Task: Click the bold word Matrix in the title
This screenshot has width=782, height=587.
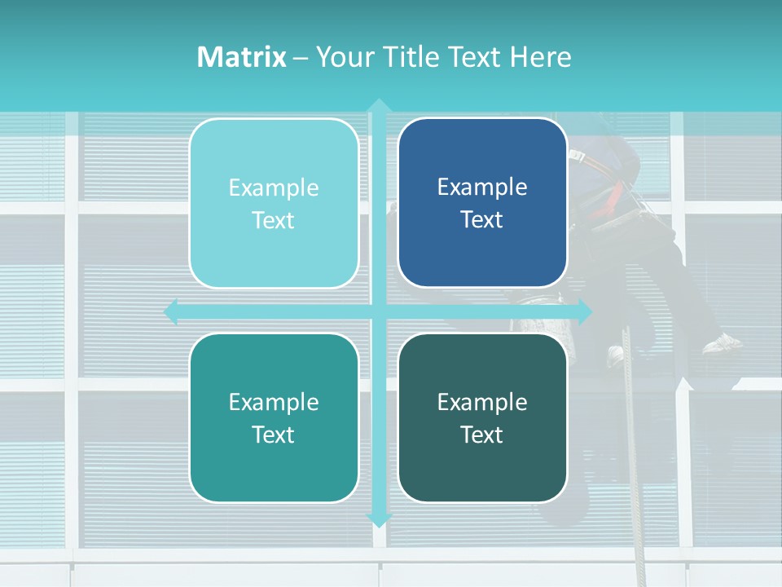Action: [x=242, y=57]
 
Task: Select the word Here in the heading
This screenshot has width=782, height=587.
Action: [x=540, y=57]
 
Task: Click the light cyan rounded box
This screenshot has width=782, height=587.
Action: [x=274, y=203]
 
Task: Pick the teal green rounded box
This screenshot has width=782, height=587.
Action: [x=274, y=417]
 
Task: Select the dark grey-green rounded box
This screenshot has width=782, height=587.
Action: [x=482, y=417]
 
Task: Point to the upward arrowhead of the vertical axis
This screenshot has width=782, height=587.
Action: [x=379, y=104]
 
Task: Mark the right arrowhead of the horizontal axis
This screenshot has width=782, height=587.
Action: [x=585, y=311]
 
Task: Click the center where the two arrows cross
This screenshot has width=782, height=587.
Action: [x=379, y=311]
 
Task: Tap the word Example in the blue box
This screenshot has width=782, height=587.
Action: [x=482, y=187]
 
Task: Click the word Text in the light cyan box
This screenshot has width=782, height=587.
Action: [x=274, y=220]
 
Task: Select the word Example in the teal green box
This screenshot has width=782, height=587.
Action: [x=274, y=402]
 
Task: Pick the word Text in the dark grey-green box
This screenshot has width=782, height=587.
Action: [x=482, y=435]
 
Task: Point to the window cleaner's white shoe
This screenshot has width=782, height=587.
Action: [x=723, y=344]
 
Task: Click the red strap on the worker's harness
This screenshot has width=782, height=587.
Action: [x=617, y=196]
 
